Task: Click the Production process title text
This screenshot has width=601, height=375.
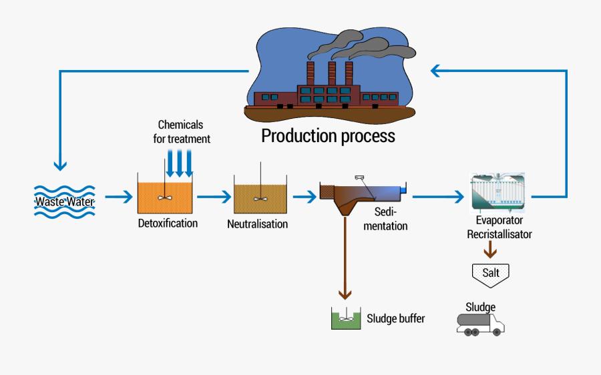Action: pyautogui.click(x=328, y=136)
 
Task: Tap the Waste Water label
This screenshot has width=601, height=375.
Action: pyautogui.click(x=65, y=201)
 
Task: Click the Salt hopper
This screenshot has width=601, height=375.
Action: pyautogui.click(x=490, y=272)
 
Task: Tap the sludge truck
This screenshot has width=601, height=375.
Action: pyautogui.click(x=480, y=324)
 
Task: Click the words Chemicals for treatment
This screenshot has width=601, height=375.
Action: pyautogui.click(x=181, y=132)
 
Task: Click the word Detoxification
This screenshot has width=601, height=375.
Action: pyautogui.click(x=168, y=224)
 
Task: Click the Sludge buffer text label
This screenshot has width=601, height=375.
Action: pyautogui.click(x=395, y=319)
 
